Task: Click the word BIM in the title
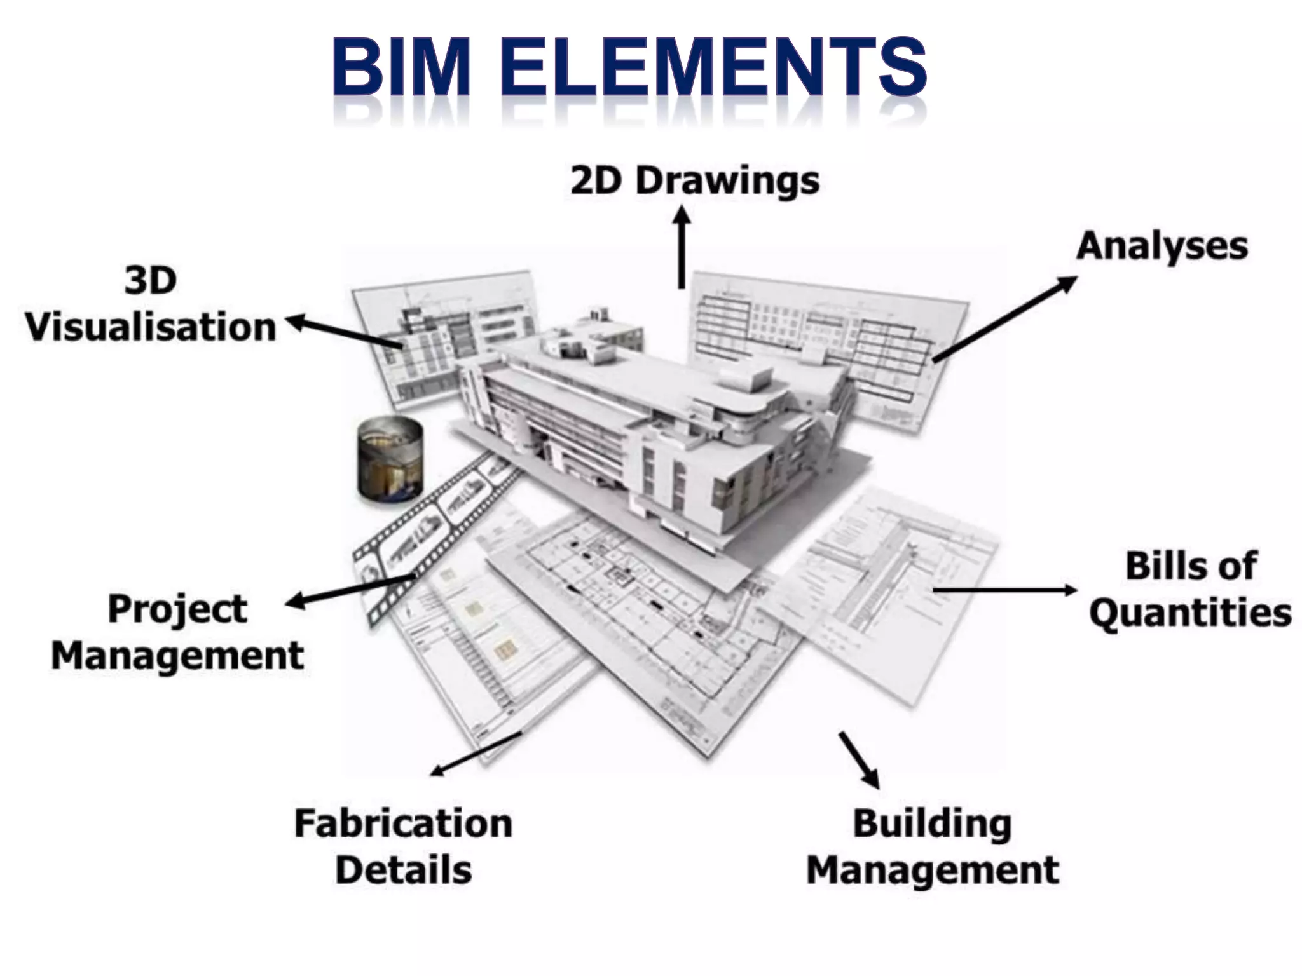coord(401,67)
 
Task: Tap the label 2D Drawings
coord(695,181)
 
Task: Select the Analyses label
coord(1162,246)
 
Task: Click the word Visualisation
coord(151,327)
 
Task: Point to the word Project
coord(177,609)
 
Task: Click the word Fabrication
coord(403,823)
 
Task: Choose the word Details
coord(403,870)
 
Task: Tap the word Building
coord(932,823)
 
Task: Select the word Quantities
coord(1190,613)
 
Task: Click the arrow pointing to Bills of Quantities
coord(1004,590)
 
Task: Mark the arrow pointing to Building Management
coord(860,759)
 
